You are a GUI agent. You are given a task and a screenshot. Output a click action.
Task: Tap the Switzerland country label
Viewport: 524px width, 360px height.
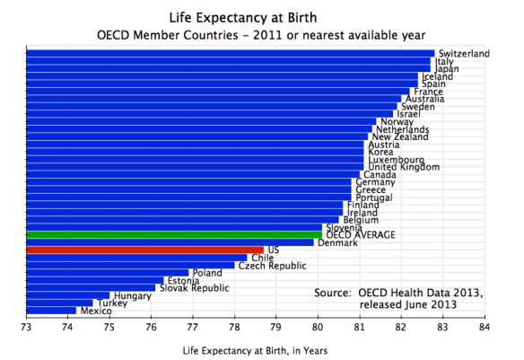(x=463, y=54)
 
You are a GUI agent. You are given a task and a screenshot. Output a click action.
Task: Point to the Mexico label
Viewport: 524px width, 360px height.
(x=96, y=311)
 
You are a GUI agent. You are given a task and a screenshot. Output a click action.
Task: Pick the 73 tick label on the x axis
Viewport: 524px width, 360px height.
(x=27, y=327)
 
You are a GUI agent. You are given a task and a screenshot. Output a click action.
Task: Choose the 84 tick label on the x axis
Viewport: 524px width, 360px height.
(x=484, y=327)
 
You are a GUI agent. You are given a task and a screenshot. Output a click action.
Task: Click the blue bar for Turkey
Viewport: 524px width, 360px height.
(x=59, y=303)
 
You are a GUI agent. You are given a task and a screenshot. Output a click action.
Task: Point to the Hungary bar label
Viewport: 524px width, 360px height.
(x=132, y=295)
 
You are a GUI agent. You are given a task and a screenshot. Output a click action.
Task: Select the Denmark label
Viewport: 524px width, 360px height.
(x=338, y=242)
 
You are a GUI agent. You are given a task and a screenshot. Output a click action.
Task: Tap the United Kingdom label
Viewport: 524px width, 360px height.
(x=404, y=167)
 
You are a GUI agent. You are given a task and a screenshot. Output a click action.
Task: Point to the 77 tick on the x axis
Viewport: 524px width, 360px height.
(x=193, y=327)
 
